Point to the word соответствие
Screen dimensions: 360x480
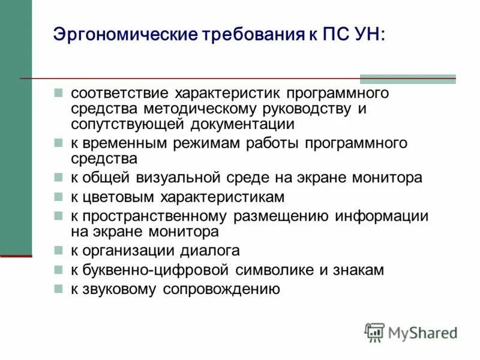(x=119, y=94)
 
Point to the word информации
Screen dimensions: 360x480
(x=382, y=216)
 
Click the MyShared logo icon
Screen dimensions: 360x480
(x=374, y=332)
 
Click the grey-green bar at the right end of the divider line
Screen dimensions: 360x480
(x=407, y=79)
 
